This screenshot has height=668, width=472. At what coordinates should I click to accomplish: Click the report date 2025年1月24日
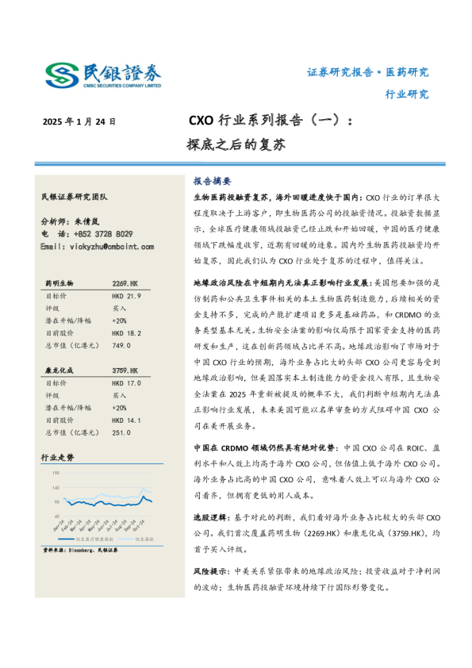click(x=79, y=122)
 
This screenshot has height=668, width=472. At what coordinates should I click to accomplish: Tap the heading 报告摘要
click(x=212, y=180)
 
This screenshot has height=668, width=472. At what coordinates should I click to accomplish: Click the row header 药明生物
click(x=59, y=282)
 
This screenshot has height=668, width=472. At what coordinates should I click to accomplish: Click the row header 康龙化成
click(x=59, y=370)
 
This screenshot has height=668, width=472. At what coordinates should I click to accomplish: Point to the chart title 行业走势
click(x=58, y=458)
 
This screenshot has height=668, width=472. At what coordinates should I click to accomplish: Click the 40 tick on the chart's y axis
click(x=56, y=516)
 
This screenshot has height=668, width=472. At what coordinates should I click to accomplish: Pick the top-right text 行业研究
click(x=406, y=94)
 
